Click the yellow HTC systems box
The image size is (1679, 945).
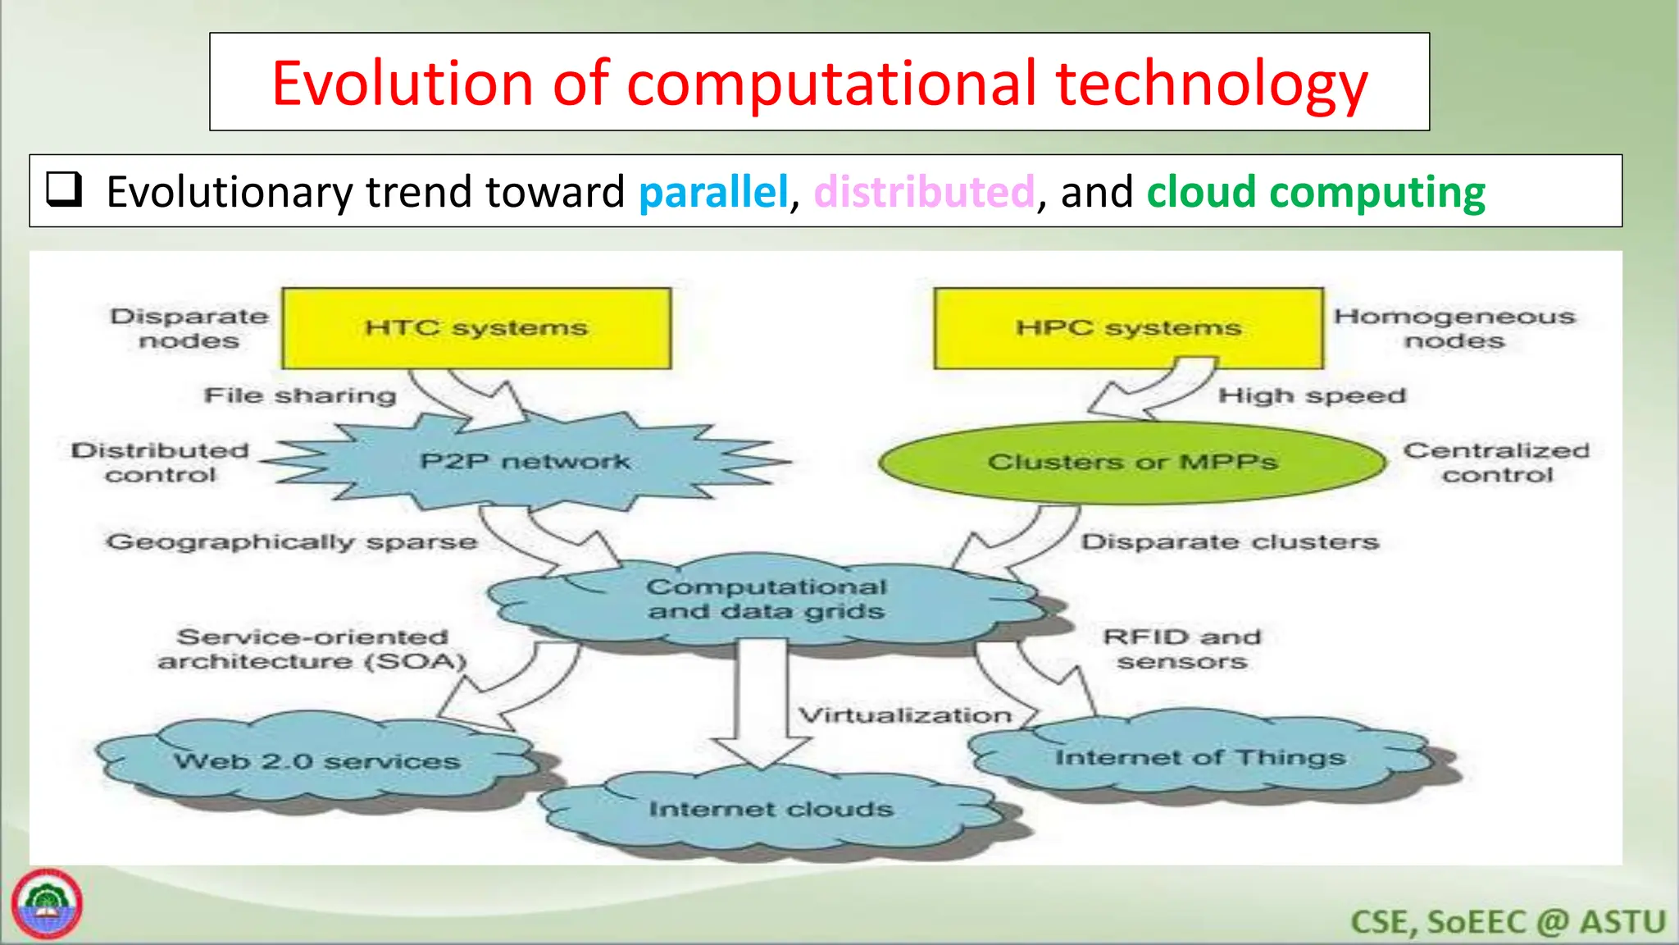475,328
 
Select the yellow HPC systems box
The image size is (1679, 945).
1128,328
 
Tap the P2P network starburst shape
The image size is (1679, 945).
525,462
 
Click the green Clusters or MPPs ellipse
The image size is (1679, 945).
1132,463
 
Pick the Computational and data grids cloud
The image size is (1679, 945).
766,600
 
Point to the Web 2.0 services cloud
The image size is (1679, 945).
316,761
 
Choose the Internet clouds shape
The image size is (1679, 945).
771,810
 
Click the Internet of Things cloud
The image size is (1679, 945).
1199,757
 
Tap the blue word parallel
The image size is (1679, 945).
712,192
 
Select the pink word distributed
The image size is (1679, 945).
924,192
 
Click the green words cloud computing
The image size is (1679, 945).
1315,192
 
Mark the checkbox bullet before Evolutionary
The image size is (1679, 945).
64,189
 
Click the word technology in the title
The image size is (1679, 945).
1212,84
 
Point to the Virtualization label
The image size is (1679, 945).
905,715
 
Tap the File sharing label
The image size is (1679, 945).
300,395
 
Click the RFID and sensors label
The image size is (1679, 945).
1181,649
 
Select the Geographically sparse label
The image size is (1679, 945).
291,542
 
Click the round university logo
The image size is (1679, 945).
47,904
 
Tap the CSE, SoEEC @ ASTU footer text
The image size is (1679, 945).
1508,922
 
